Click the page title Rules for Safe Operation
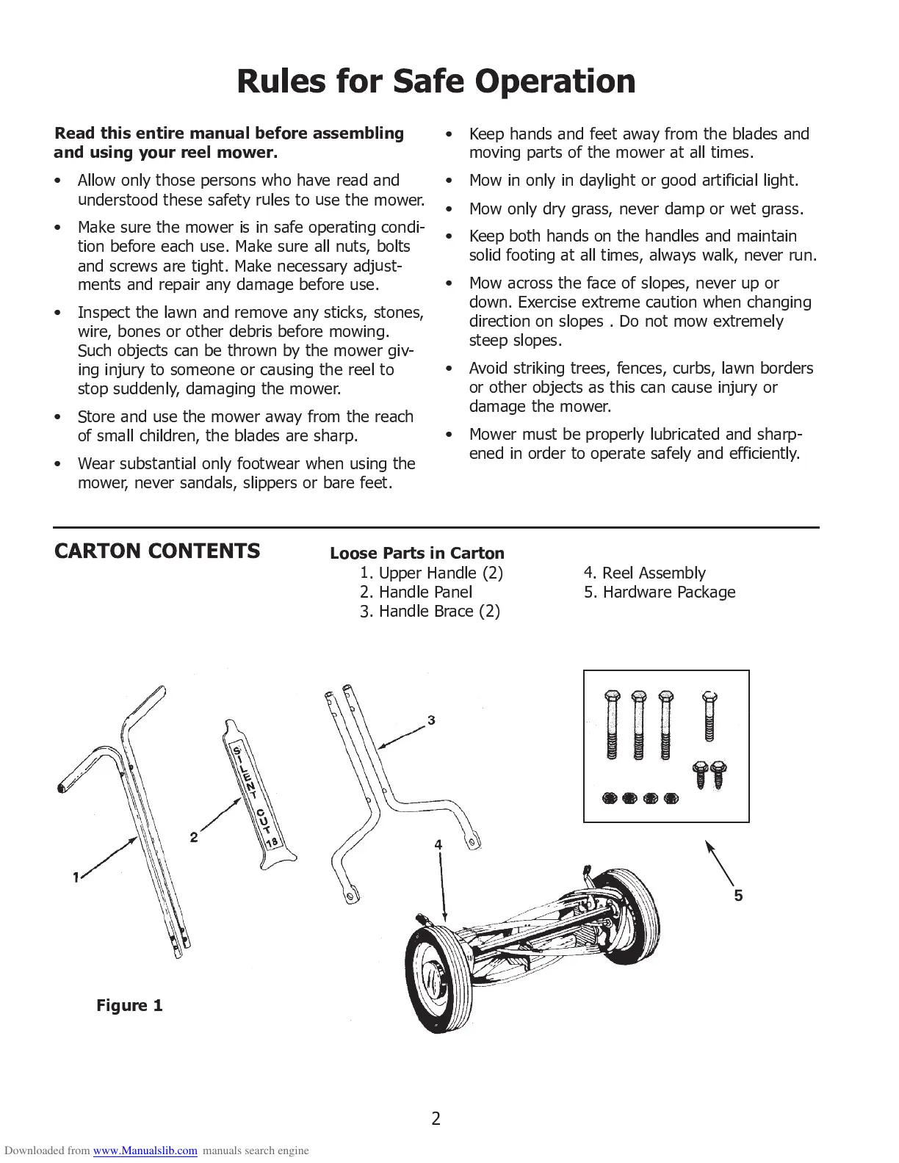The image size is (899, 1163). click(x=436, y=81)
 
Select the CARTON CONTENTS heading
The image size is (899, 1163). click(x=156, y=551)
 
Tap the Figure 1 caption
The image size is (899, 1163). click(x=129, y=1005)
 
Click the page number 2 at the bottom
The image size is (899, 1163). click(x=436, y=1118)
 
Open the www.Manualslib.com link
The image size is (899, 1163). click(x=145, y=1151)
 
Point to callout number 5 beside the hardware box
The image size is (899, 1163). click(x=738, y=895)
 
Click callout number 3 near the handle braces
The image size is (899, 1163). click(x=431, y=720)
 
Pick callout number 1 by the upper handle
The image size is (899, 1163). click(x=76, y=877)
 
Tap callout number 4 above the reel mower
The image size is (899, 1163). click(x=438, y=845)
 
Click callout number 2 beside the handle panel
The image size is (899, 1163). click(x=194, y=837)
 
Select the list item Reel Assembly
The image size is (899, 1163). click(x=644, y=573)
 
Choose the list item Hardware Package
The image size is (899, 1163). click(x=659, y=592)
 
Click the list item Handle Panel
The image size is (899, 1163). click(x=416, y=592)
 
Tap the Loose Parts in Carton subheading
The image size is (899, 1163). click(x=417, y=554)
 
